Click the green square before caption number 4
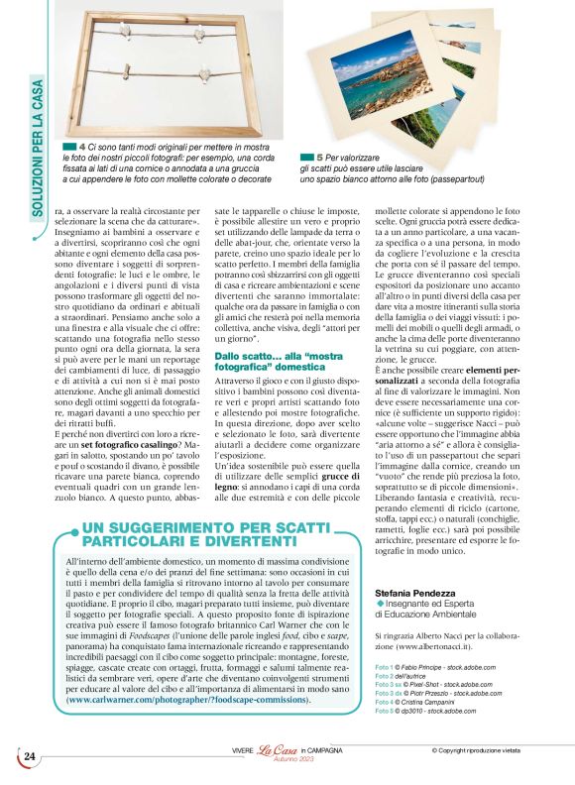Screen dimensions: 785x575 point(69,145)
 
